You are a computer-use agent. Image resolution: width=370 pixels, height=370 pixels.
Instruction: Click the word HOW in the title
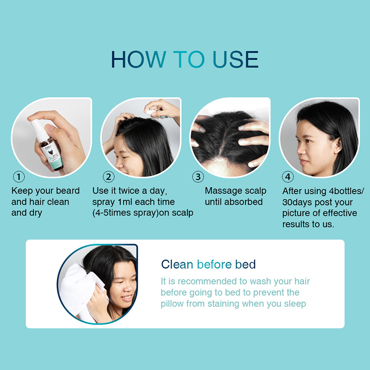[138, 59]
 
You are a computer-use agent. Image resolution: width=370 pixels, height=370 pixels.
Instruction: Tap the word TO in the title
[189, 59]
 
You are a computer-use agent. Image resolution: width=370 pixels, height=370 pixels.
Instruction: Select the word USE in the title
[235, 59]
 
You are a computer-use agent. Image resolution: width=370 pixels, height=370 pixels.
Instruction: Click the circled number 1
[19, 177]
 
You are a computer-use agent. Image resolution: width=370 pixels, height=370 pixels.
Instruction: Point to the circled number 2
[109, 177]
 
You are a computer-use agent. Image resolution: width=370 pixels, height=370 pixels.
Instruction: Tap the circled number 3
[198, 177]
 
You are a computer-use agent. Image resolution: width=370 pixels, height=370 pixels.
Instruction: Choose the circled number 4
[288, 177]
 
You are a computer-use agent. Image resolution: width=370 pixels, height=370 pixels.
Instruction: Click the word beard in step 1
[68, 191]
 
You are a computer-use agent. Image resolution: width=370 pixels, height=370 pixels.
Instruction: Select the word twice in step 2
[129, 191]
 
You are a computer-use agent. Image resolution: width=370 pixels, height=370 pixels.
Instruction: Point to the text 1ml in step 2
[125, 202]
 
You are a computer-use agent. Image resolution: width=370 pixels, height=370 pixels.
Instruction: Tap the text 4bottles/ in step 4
[346, 191]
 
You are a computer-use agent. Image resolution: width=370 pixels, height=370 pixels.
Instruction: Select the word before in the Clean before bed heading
[214, 264]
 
